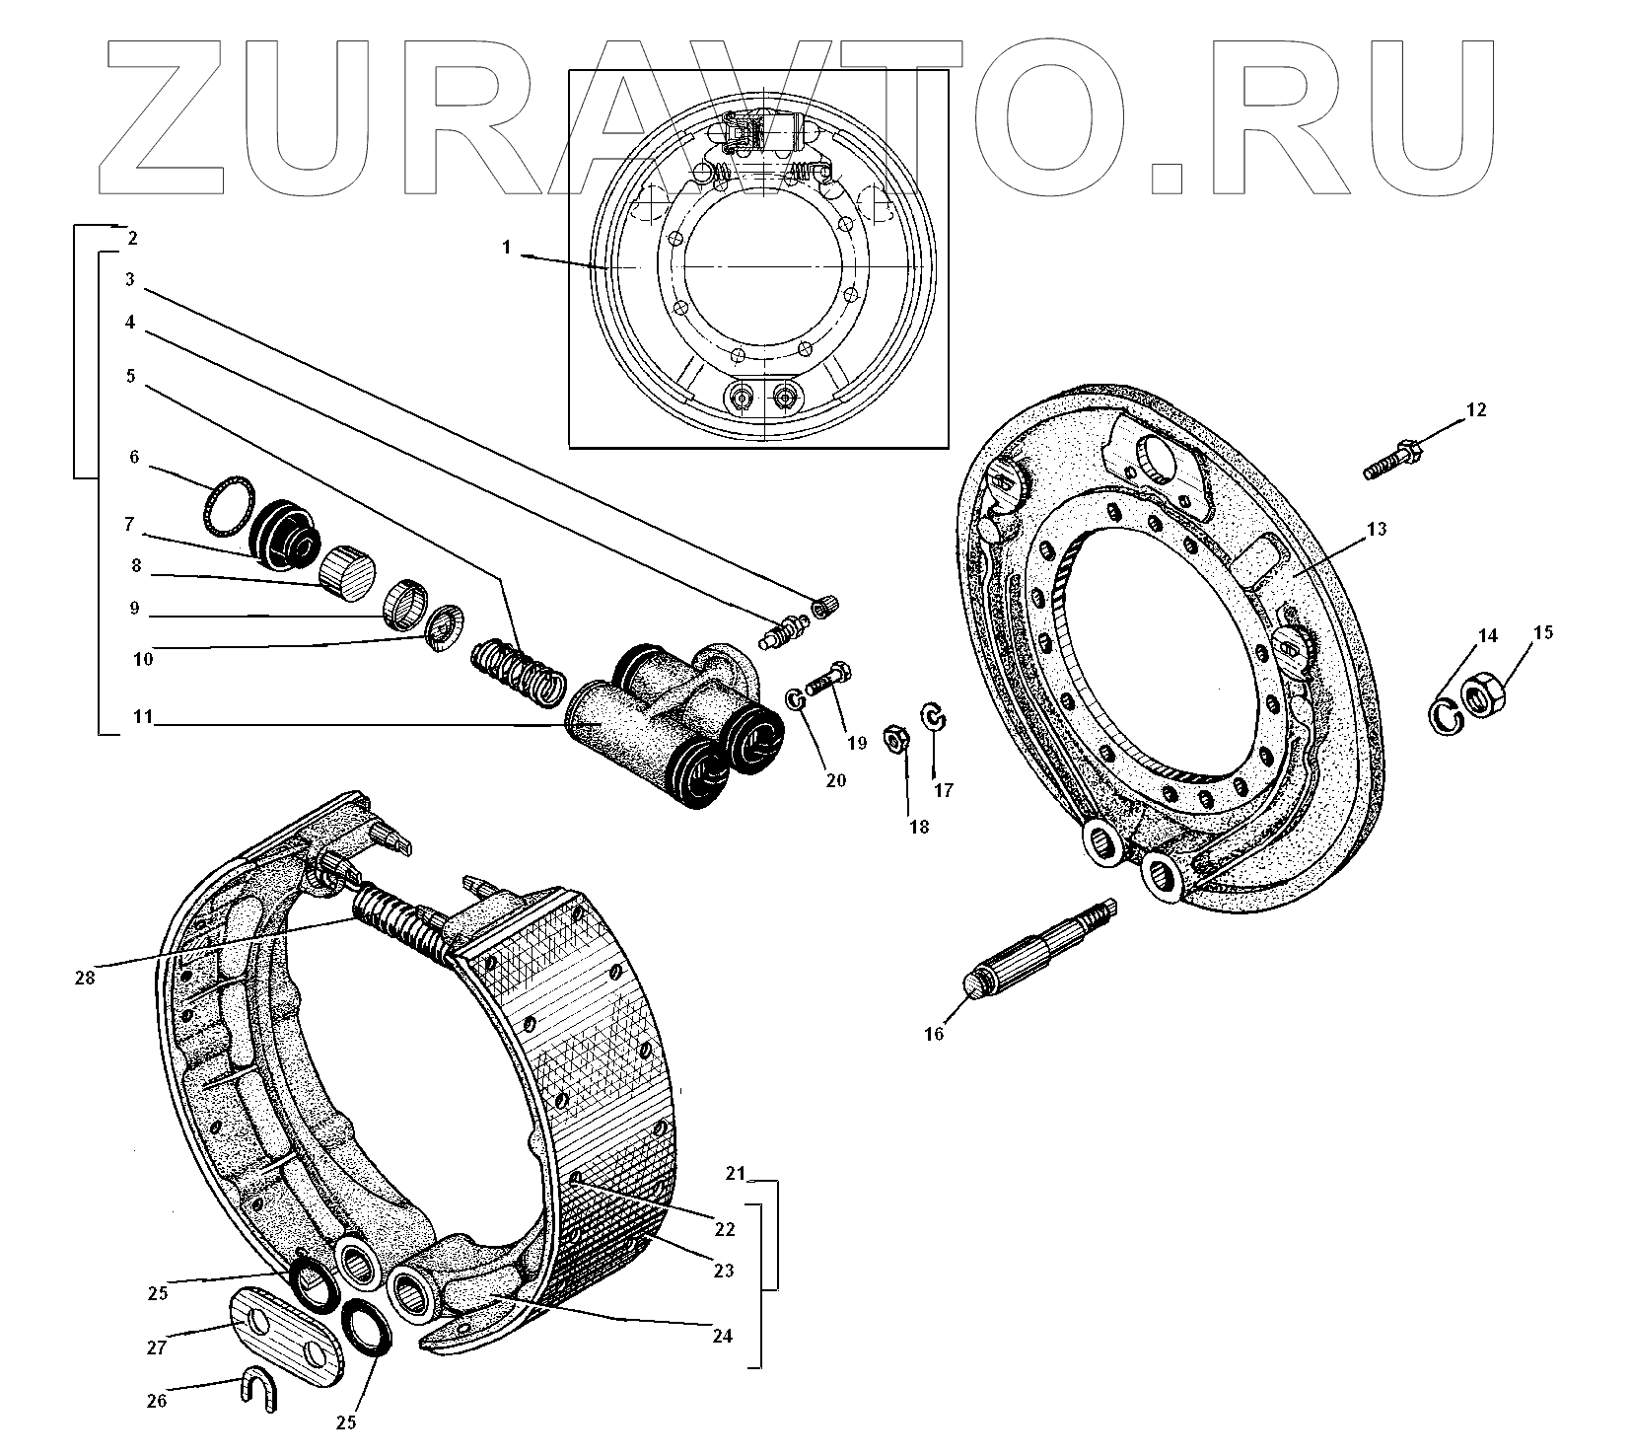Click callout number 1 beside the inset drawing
(506, 248)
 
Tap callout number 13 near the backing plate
(1376, 530)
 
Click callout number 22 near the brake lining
(725, 1229)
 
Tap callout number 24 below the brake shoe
(722, 1336)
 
